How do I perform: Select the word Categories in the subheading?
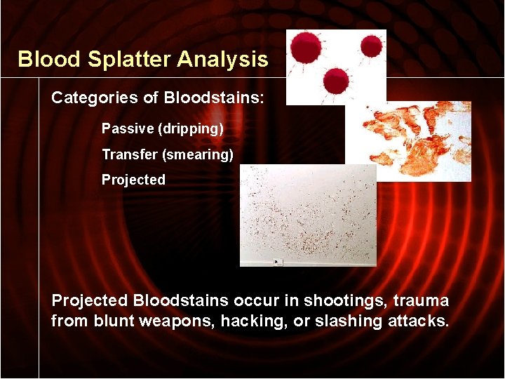(94, 98)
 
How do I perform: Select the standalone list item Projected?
(133, 180)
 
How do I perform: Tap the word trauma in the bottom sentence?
(422, 301)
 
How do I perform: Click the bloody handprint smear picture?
(414, 140)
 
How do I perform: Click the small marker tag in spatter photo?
(278, 262)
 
